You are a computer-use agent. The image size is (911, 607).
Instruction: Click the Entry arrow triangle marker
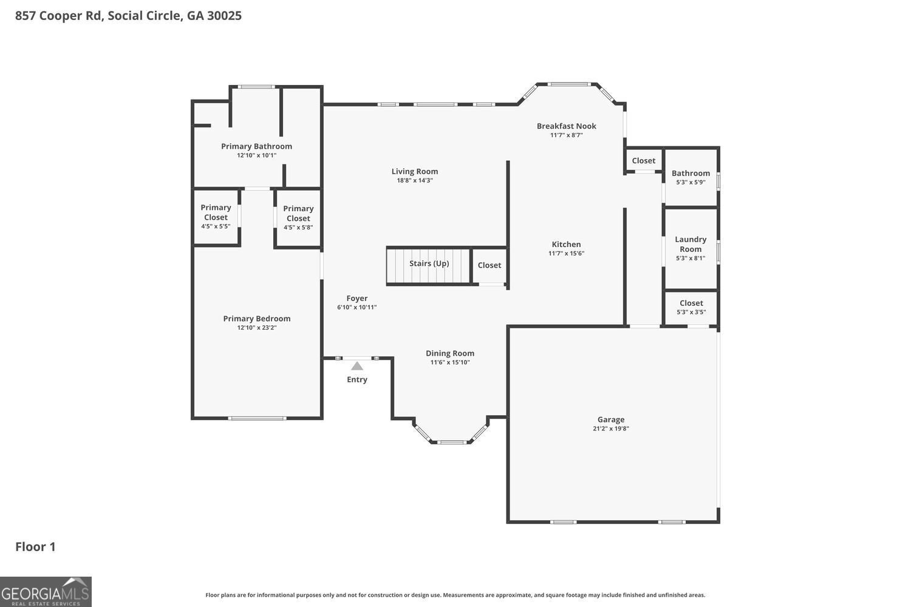pos(357,366)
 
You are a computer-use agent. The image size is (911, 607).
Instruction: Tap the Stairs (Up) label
pos(429,263)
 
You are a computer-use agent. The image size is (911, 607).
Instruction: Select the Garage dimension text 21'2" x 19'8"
pos(610,429)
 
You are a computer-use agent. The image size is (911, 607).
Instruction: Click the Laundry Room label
pos(691,244)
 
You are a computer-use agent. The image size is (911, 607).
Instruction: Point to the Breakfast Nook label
pos(566,126)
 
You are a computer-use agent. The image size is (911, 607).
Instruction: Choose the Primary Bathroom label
pos(256,146)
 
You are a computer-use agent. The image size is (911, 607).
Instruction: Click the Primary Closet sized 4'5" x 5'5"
pos(216,216)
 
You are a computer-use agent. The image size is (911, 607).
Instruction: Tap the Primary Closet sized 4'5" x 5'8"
pos(298,217)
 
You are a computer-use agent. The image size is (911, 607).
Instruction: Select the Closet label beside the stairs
pos(489,265)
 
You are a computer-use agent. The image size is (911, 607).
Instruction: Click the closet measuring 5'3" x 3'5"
pos(691,307)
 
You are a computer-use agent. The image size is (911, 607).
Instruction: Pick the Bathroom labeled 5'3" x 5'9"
pos(691,177)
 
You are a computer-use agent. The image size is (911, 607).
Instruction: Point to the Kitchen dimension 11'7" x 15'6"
pos(566,254)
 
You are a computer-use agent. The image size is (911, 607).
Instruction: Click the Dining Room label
pos(450,353)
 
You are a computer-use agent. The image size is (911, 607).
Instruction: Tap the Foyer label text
pos(357,299)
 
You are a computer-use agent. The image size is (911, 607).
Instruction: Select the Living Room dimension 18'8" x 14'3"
pos(415,180)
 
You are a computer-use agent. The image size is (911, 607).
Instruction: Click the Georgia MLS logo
pos(46,591)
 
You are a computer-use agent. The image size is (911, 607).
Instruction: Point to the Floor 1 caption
pos(35,547)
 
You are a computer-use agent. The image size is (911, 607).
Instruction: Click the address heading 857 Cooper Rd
pos(128,16)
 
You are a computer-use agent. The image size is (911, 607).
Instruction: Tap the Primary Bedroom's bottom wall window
pos(257,418)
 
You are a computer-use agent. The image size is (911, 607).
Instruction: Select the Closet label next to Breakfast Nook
pos(643,161)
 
